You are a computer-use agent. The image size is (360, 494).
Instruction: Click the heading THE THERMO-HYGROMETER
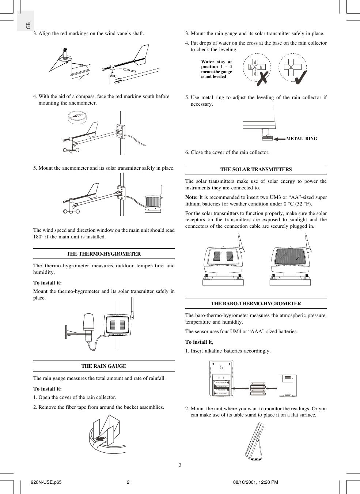104,254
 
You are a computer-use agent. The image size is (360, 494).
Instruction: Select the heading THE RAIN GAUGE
104,366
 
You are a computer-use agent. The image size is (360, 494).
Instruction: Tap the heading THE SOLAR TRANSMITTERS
256,169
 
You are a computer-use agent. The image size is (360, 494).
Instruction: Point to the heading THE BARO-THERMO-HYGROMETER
256,303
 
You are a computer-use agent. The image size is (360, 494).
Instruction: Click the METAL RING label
302,139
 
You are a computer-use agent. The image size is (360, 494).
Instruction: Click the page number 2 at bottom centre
180,465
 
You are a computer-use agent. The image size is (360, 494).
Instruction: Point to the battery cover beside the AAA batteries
288,385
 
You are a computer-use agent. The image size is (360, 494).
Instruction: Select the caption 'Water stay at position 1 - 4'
216,64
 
